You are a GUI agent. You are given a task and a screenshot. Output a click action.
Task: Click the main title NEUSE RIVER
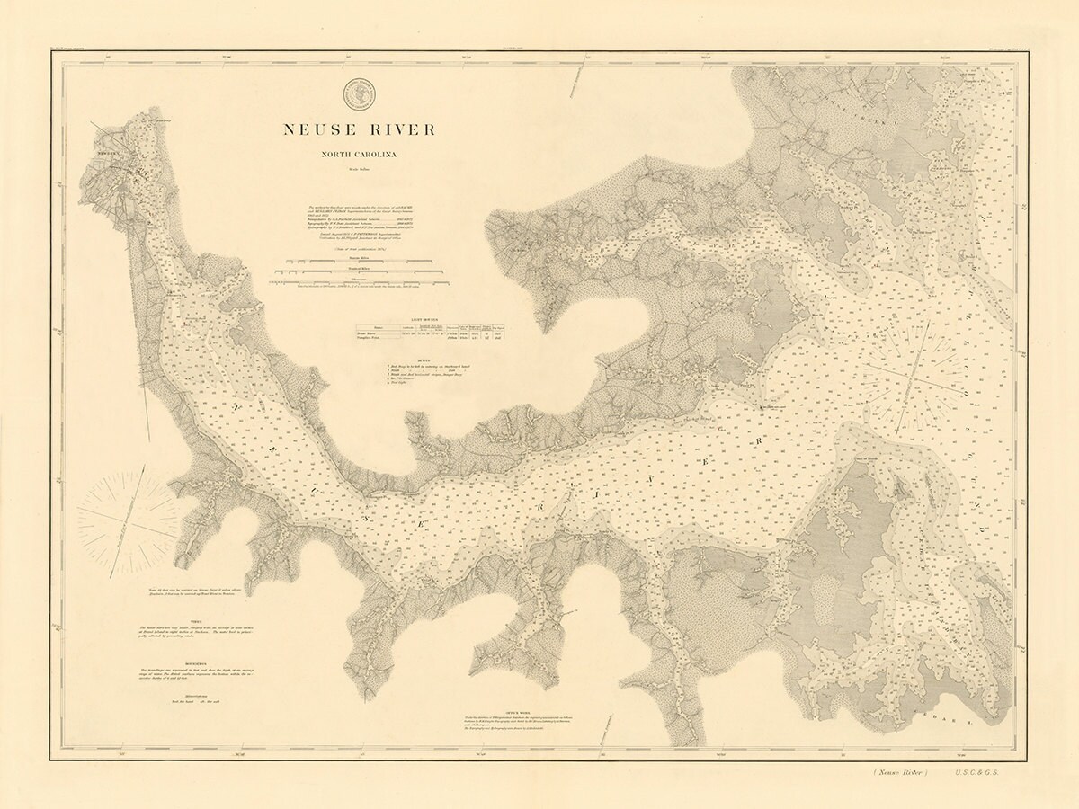point(359,129)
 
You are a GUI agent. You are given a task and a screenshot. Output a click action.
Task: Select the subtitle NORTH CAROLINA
point(359,155)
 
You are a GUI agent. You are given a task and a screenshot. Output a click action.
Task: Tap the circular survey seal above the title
point(359,93)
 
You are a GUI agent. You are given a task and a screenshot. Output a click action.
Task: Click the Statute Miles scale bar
point(359,262)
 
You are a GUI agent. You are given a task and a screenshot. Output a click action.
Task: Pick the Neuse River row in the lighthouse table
point(370,333)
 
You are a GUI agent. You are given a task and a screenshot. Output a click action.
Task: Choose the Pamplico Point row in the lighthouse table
point(371,339)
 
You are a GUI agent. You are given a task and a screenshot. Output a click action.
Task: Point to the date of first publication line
point(359,246)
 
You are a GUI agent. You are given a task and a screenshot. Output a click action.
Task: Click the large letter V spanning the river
point(651,484)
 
